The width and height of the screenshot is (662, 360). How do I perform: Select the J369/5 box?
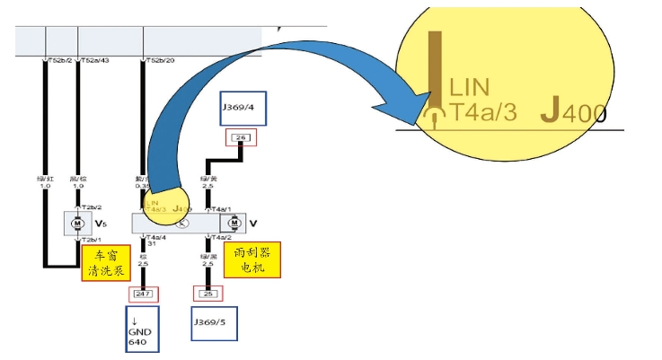pos(218,325)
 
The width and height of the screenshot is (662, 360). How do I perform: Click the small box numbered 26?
pos(240,137)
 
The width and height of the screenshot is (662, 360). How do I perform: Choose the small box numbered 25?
pos(207,294)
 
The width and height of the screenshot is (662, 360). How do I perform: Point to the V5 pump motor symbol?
pos(77,221)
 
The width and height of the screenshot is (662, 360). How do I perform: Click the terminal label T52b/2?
pos(58,61)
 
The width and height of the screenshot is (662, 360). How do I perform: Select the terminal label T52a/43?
pos(96,61)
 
